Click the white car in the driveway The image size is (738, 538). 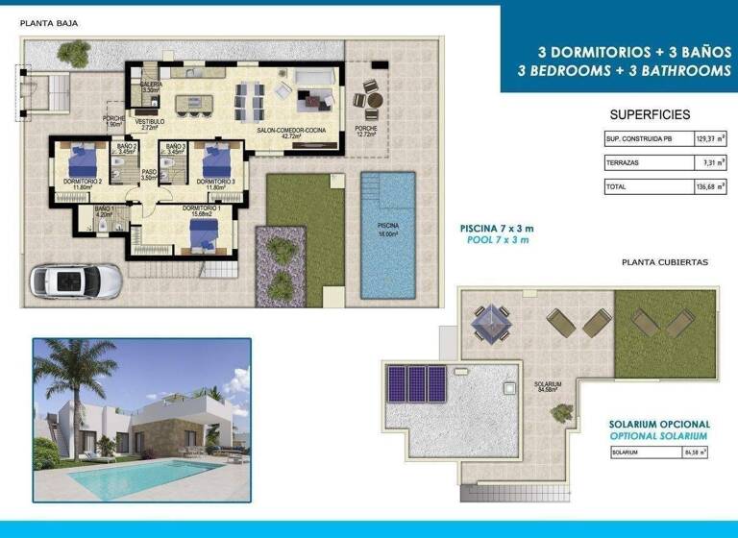pos(77,281)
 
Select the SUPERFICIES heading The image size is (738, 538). pos(650,114)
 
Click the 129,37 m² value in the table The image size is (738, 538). pos(710,139)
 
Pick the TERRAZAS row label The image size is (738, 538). pos(622,163)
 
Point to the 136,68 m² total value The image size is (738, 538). pos(710,187)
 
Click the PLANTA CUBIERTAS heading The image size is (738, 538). pos(665,260)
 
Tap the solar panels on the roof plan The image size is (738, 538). pos(414,383)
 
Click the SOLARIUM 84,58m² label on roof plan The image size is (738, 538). pos(548,387)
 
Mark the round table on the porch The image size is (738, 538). pos(371,99)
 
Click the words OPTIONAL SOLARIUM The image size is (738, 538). pos(659,435)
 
